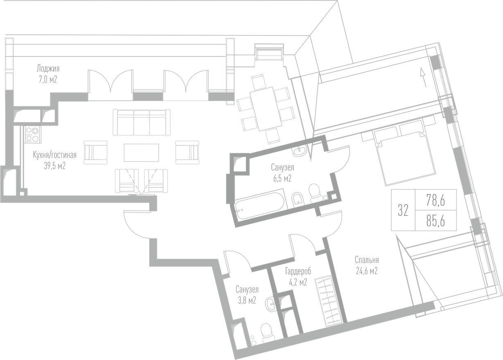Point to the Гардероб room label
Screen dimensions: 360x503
[298, 277]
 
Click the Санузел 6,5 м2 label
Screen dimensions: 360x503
[282, 173]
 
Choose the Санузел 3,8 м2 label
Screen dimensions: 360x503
[247, 295]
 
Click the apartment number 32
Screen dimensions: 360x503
[403, 211]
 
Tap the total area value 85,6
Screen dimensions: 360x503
[435, 221]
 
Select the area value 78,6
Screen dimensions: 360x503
[435, 200]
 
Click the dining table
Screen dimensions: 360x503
[266, 108]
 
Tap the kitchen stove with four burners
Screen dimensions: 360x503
[33, 135]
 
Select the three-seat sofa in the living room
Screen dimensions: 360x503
[142, 122]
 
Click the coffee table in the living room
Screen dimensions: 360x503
[141, 153]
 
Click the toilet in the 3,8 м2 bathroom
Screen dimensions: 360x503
[268, 332]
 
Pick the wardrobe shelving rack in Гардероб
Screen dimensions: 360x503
[328, 301]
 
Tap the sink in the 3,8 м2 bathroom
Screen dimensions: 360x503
[271, 304]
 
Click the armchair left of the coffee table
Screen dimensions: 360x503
[96, 153]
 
